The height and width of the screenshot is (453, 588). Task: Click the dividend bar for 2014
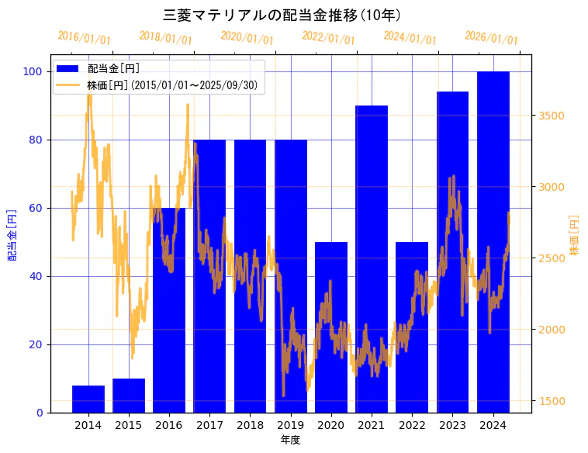click(88, 399)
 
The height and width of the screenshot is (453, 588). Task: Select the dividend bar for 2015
click(129, 396)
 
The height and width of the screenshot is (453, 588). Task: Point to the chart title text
click(282, 16)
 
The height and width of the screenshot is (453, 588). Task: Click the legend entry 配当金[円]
click(114, 68)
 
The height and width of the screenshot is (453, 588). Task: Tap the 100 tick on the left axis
click(33, 71)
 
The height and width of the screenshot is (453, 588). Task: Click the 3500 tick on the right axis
click(552, 116)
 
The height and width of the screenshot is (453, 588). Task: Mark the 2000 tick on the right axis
click(552, 330)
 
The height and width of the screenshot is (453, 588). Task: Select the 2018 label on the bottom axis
click(250, 425)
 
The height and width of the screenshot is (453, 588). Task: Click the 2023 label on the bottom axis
click(452, 425)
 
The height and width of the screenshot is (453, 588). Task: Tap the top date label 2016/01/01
click(85, 37)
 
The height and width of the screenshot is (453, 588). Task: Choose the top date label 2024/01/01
click(410, 37)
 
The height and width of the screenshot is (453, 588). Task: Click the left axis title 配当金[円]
click(12, 233)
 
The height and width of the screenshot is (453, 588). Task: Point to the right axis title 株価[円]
click(575, 235)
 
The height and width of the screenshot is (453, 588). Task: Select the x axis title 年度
click(290, 440)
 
